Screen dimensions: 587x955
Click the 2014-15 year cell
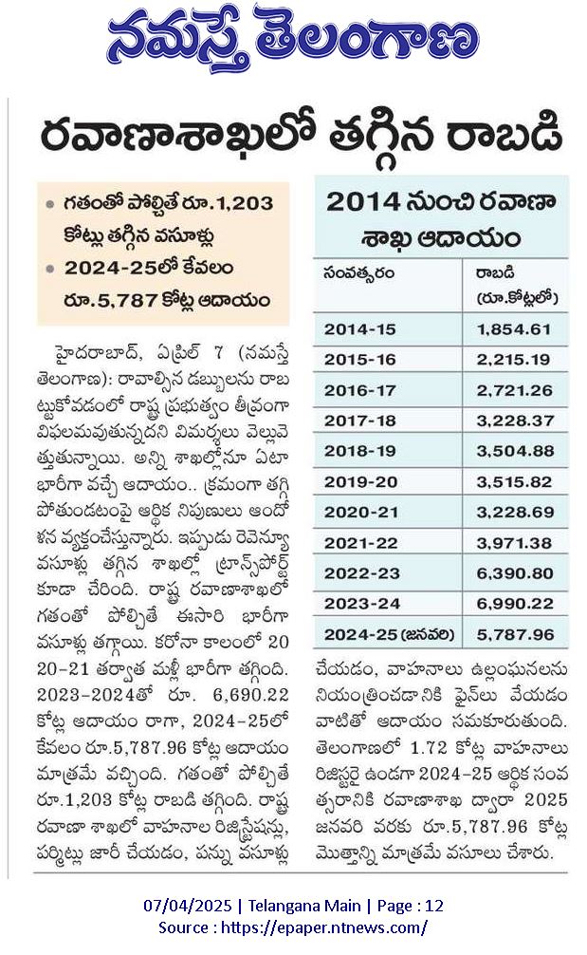coord(360,329)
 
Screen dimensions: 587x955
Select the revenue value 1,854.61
coord(514,329)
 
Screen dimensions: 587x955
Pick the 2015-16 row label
coord(360,360)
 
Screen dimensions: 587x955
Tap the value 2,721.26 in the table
coord(515,390)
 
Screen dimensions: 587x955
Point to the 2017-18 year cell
coord(360,421)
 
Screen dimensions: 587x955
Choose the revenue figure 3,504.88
coord(515,451)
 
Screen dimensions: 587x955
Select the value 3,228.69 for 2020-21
coord(515,513)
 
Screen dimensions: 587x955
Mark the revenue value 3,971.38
coord(514,543)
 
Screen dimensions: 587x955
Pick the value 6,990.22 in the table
coord(515,604)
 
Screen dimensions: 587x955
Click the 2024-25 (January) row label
coord(390,635)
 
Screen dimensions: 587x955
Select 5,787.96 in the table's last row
coord(515,635)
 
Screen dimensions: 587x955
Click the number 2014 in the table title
coord(363,201)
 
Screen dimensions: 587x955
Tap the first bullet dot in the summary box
coord(50,204)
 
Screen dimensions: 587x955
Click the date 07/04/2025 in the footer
coord(188,907)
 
